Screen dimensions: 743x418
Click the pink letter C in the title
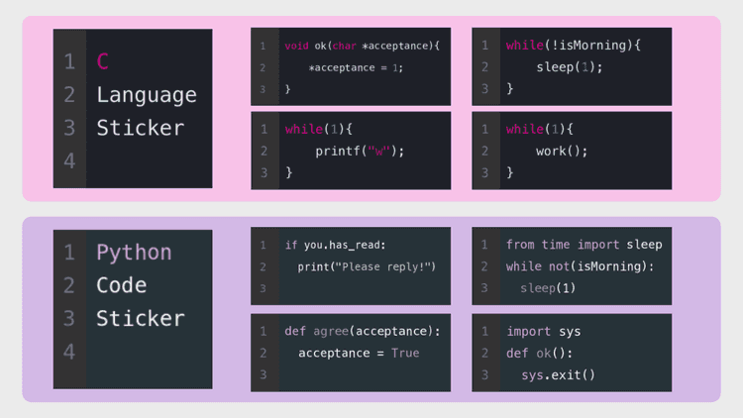tap(103, 61)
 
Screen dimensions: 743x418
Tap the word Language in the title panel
tap(147, 96)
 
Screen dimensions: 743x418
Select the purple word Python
tap(134, 253)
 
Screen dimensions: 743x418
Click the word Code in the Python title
tap(121, 285)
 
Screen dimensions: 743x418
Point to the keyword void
tap(296, 46)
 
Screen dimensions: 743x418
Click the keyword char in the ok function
tap(345, 46)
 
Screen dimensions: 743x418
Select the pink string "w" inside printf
tap(378, 151)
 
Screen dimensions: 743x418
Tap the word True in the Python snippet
tap(405, 353)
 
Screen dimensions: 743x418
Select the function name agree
tap(331, 331)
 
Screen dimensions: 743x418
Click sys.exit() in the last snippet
tap(558, 374)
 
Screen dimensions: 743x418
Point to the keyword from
tap(520, 245)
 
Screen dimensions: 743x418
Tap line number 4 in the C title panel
tap(69, 161)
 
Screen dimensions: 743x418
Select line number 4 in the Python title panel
tap(69, 352)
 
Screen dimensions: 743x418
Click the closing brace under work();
tap(510, 172)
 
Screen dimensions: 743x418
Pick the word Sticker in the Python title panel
tap(141, 319)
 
